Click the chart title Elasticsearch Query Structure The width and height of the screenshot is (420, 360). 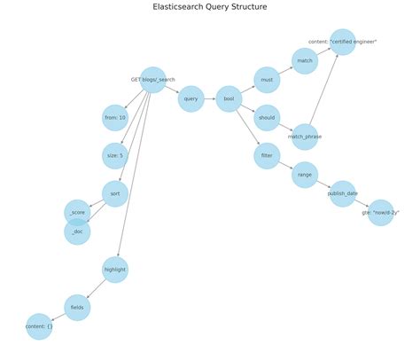pyautogui.click(x=210, y=7)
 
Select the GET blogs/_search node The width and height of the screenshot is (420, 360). pyautogui.click(x=153, y=80)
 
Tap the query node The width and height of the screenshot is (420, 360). pyautogui.click(x=191, y=98)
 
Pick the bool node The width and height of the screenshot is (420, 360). pyautogui.click(x=229, y=98)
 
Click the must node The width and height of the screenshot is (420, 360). pyautogui.click(x=267, y=80)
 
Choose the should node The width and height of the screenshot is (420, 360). pyautogui.click(x=267, y=118)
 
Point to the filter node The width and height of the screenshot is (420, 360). pyautogui.click(x=267, y=156)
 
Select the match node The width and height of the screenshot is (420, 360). pyautogui.click(x=305, y=61)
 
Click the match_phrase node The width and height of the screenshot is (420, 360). pyautogui.click(x=305, y=137)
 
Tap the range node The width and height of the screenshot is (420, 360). pyautogui.click(x=305, y=175)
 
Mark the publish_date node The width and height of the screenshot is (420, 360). pyautogui.click(x=343, y=193)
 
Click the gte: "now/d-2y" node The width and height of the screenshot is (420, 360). pyautogui.click(x=380, y=213)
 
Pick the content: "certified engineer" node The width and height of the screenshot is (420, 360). pyautogui.click(x=343, y=42)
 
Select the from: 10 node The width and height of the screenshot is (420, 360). pyautogui.click(x=115, y=118)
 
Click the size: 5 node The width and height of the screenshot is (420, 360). pyautogui.click(x=115, y=156)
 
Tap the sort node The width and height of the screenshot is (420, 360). pyautogui.click(x=115, y=193)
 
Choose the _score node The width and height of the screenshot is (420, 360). pyautogui.click(x=77, y=213)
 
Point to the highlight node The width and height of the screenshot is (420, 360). pyautogui.click(x=115, y=270)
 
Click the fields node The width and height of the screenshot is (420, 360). pyautogui.click(x=77, y=308)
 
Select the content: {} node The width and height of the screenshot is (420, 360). pyautogui.click(x=39, y=326)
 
